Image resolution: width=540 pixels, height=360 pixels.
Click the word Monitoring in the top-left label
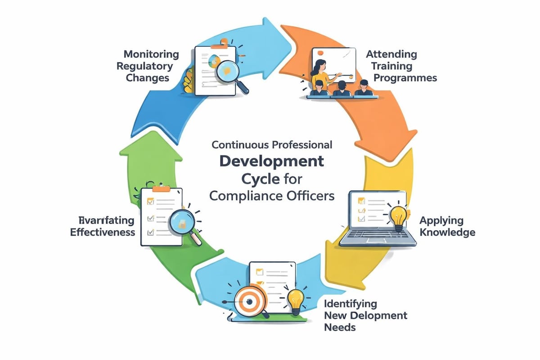(151, 54)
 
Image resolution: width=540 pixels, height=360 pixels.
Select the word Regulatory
(144, 66)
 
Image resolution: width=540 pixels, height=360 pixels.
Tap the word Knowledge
(447, 232)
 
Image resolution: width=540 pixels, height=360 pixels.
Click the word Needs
(340, 327)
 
